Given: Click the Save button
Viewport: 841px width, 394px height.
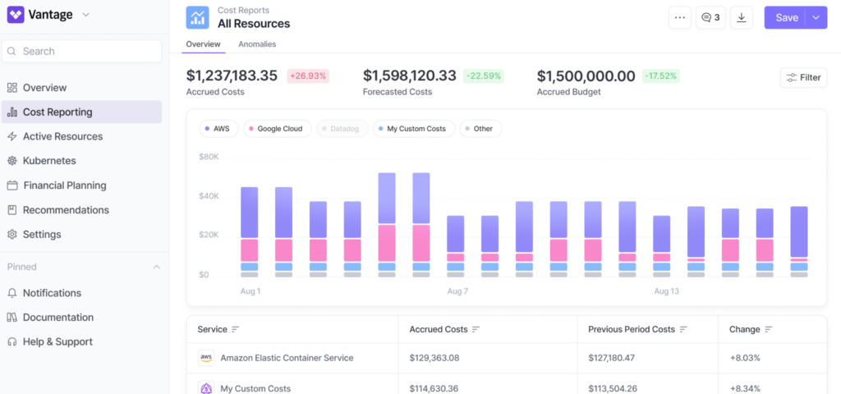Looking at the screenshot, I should [785, 17].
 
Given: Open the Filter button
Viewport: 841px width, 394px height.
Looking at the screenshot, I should [803, 77].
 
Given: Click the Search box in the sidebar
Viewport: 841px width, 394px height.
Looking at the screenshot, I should [82, 51].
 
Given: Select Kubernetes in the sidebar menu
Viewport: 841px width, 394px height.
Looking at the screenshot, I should [49, 161].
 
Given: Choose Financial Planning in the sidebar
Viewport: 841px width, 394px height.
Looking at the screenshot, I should [64, 186].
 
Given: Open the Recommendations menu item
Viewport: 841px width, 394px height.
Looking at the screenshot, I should [66, 210].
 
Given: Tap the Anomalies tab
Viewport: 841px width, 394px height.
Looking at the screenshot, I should [257, 44].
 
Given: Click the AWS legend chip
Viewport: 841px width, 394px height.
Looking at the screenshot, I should [216, 129].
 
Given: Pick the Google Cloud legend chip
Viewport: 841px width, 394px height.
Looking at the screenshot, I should [274, 129].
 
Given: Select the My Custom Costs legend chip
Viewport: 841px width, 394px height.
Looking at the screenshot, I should [414, 129].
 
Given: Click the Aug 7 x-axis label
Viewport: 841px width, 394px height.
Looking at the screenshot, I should [457, 291].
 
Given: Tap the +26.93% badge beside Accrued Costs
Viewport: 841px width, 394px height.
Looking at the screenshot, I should [307, 76].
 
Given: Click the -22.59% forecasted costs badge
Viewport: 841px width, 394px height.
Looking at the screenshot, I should [483, 76].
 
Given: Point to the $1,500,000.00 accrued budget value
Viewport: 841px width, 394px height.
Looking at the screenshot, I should [586, 76].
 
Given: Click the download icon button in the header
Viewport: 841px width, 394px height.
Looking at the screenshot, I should [742, 17].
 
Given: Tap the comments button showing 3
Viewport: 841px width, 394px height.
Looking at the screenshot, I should [710, 17].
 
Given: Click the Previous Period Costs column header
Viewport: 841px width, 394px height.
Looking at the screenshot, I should [631, 329].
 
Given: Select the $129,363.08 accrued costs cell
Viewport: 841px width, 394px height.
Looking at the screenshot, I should [434, 358].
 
